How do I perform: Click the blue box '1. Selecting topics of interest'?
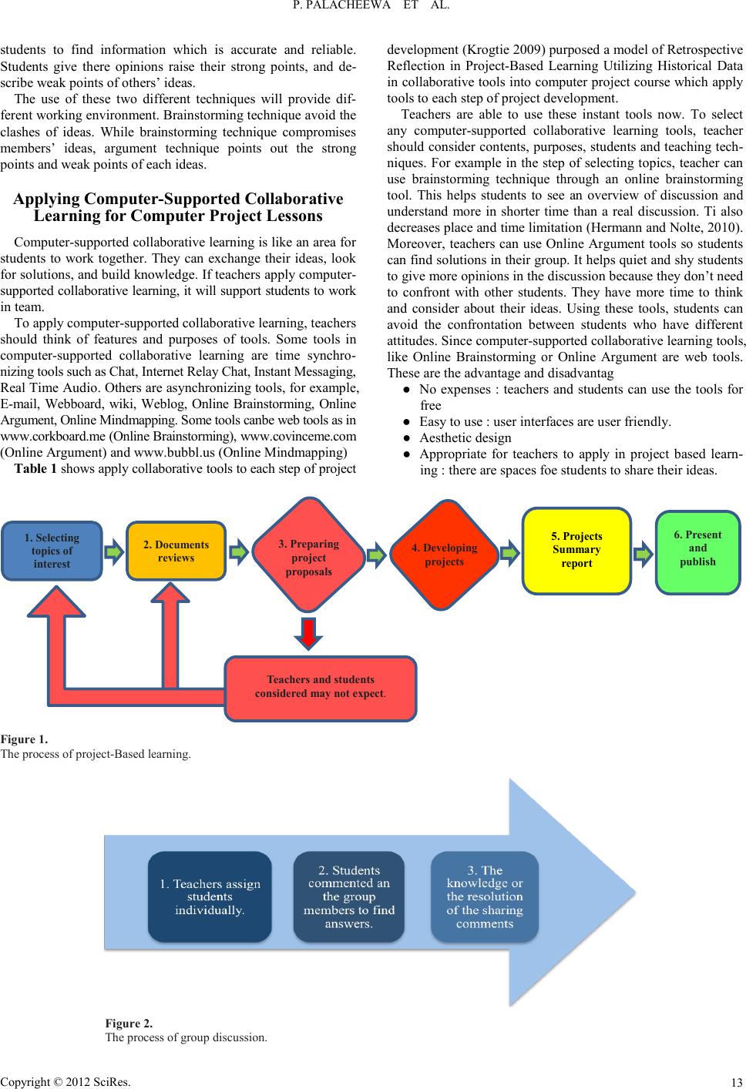52,551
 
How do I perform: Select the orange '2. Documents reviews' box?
176,551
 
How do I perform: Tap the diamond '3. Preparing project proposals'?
307,558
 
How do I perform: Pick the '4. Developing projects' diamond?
444,555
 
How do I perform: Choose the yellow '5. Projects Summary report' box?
576,550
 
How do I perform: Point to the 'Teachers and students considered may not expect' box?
321,686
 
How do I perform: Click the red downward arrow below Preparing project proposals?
308,632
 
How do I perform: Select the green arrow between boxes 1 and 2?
114,551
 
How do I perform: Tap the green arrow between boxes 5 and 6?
644,551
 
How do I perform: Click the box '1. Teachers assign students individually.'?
210,896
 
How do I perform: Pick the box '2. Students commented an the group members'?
348,896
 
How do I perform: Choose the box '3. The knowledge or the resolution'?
484,896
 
